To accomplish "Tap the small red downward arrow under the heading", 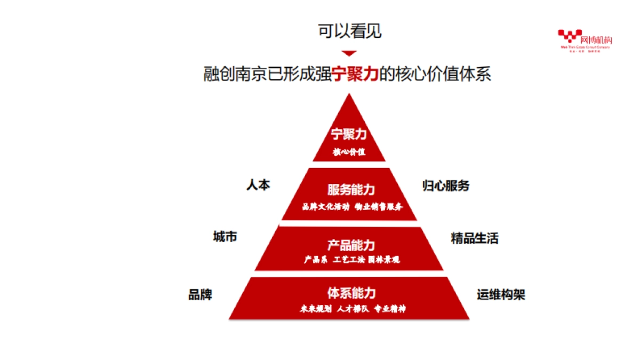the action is tap(349, 53).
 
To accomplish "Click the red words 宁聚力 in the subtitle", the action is tap(355, 74).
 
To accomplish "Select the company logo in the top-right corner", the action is tap(585, 40).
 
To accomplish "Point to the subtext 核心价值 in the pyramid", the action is tap(349, 151).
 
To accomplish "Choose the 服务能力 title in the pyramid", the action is tap(351, 190).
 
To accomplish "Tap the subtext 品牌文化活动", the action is tap(325, 206).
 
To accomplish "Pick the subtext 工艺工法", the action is tap(349, 260).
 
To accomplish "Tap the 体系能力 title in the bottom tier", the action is tap(351, 293).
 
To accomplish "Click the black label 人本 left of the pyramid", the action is tap(258, 185).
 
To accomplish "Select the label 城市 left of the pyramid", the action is tap(225, 237).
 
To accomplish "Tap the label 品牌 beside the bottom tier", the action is tap(200, 294).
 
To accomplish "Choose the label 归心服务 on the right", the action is tap(446, 186).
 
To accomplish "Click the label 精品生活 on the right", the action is tap(475, 238).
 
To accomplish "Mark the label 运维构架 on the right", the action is tap(501, 294).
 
